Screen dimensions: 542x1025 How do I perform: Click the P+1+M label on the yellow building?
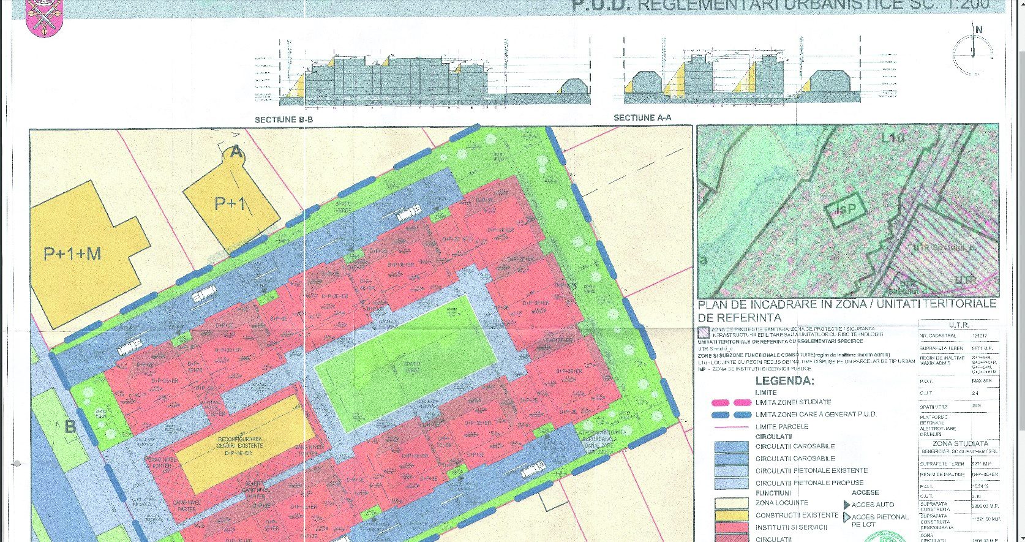click(x=72, y=253)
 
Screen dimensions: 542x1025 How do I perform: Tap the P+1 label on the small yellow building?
click(x=230, y=203)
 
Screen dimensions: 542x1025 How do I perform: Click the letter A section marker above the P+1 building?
click(x=236, y=152)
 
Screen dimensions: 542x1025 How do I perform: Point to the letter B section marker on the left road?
click(x=70, y=426)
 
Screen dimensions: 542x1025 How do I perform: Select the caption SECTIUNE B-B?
click(x=283, y=119)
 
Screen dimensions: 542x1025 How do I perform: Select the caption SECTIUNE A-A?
click(x=642, y=118)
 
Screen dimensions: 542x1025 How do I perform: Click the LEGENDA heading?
click(x=784, y=380)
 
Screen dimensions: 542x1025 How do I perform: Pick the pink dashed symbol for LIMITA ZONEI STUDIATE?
click(x=732, y=402)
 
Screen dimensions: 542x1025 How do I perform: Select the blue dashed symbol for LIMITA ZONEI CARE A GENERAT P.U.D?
click(x=732, y=415)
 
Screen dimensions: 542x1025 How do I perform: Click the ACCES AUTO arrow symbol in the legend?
click(x=847, y=505)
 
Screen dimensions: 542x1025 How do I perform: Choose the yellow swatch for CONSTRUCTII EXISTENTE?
click(x=731, y=516)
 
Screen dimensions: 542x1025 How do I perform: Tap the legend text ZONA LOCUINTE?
click(x=781, y=503)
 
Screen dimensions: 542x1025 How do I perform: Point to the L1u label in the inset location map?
click(x=893, y=138)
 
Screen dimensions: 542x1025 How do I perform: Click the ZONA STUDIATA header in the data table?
click(x=959, y=443)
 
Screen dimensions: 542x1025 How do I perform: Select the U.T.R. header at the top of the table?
click(x=958, y=325)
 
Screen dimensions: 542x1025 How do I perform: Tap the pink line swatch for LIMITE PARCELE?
click(x=732, y=427)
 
